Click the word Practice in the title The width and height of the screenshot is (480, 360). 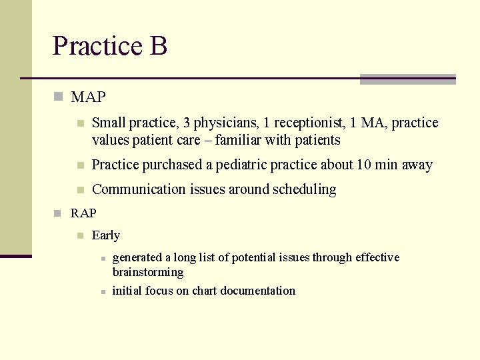tap(97, 46)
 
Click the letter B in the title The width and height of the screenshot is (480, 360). tap(159, 46)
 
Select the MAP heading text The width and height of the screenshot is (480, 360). tap(88, 97)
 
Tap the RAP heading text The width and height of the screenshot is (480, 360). tap(83, 213)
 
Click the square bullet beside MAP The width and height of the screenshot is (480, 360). tap(58, 97)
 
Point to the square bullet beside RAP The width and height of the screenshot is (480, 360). tap(58, 213)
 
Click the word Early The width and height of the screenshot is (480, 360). tap(106, 235)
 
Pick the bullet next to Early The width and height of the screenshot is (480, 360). tap(79, 235)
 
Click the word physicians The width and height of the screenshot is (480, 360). tap(226, 123)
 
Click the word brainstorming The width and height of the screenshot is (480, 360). tap(148, 272)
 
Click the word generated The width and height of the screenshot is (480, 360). tap(137, 257)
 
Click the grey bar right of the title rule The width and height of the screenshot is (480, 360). tap(407, 79)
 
